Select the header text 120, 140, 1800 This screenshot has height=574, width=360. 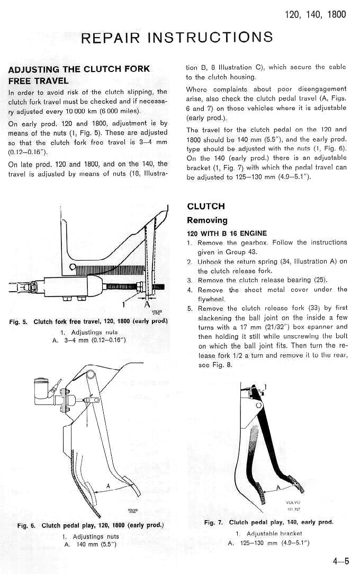click(x=315, y=14)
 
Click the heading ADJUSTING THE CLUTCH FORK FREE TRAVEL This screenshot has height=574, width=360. click(x=79, y=75)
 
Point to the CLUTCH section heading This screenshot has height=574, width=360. click(x=206, y=206)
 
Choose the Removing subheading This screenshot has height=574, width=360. click(x=207, y=220)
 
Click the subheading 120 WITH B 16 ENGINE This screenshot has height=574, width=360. click(x=227, y=233)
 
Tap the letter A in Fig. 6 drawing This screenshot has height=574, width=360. click(x=108, y=486)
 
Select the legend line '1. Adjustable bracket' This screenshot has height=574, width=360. click(x=268, y=533)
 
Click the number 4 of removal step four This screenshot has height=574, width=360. click(x=190, y=290)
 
